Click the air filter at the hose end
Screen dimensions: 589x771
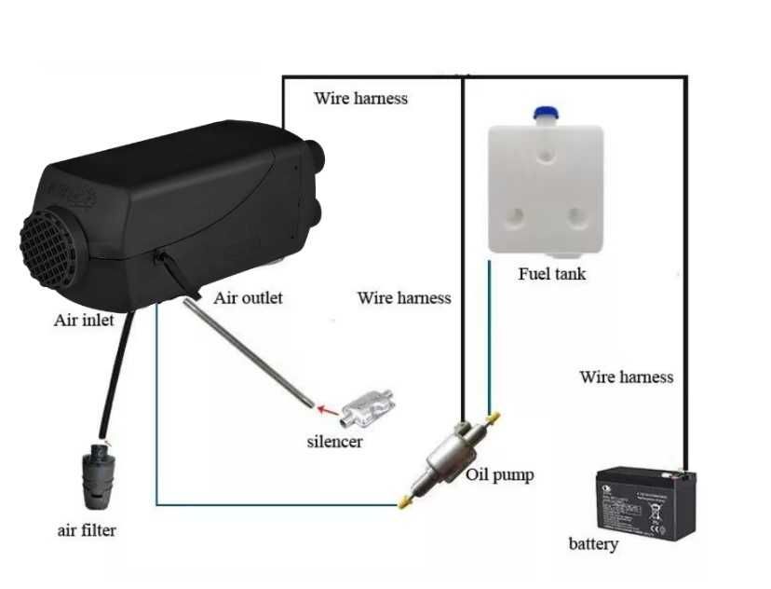pos(98,474)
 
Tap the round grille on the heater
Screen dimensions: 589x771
pos(52,247)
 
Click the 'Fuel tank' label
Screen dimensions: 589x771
pos(552,274)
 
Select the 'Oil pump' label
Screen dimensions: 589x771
pos(500,474)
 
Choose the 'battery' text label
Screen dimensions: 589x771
pos(593,542)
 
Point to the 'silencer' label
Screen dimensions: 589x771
pos(334,441)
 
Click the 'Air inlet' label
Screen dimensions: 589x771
pos(84,320)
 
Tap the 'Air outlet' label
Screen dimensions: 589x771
pos(248,298)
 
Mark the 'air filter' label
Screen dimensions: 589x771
pos(87,530)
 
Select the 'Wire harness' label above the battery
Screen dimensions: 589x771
pos(626,377)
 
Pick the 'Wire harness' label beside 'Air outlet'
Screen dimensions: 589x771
pos(403,298)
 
